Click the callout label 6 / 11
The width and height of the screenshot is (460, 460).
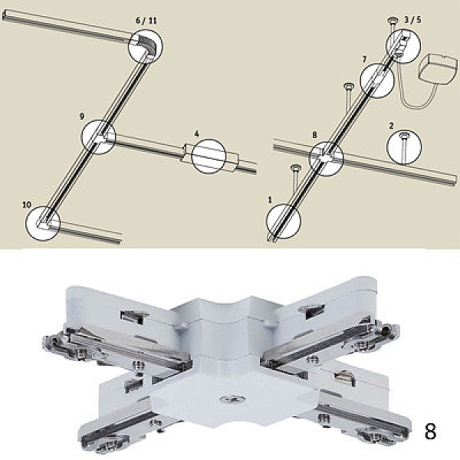point(146,21)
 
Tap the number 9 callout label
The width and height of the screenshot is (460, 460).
point(82,117)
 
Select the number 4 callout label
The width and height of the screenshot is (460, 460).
point(196,133)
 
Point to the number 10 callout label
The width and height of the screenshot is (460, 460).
point(27,205)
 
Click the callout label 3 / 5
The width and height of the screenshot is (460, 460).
point(412,20)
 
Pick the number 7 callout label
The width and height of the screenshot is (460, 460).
point(364,60)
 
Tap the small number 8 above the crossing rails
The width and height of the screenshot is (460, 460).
point(314,135)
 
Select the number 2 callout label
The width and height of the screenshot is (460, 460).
point(391,126)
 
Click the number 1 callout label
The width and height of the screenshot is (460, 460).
point(270,200)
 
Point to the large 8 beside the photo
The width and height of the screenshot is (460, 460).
point(430,431)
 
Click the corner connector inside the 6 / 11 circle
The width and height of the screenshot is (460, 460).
point(146,45)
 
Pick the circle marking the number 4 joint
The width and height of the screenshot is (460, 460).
point(209,156)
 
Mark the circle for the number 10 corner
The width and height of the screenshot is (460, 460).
point(43,222)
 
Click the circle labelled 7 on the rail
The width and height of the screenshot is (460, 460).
point(376,80)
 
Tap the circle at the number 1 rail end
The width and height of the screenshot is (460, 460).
point(284,222)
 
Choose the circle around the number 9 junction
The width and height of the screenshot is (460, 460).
point(98,137)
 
